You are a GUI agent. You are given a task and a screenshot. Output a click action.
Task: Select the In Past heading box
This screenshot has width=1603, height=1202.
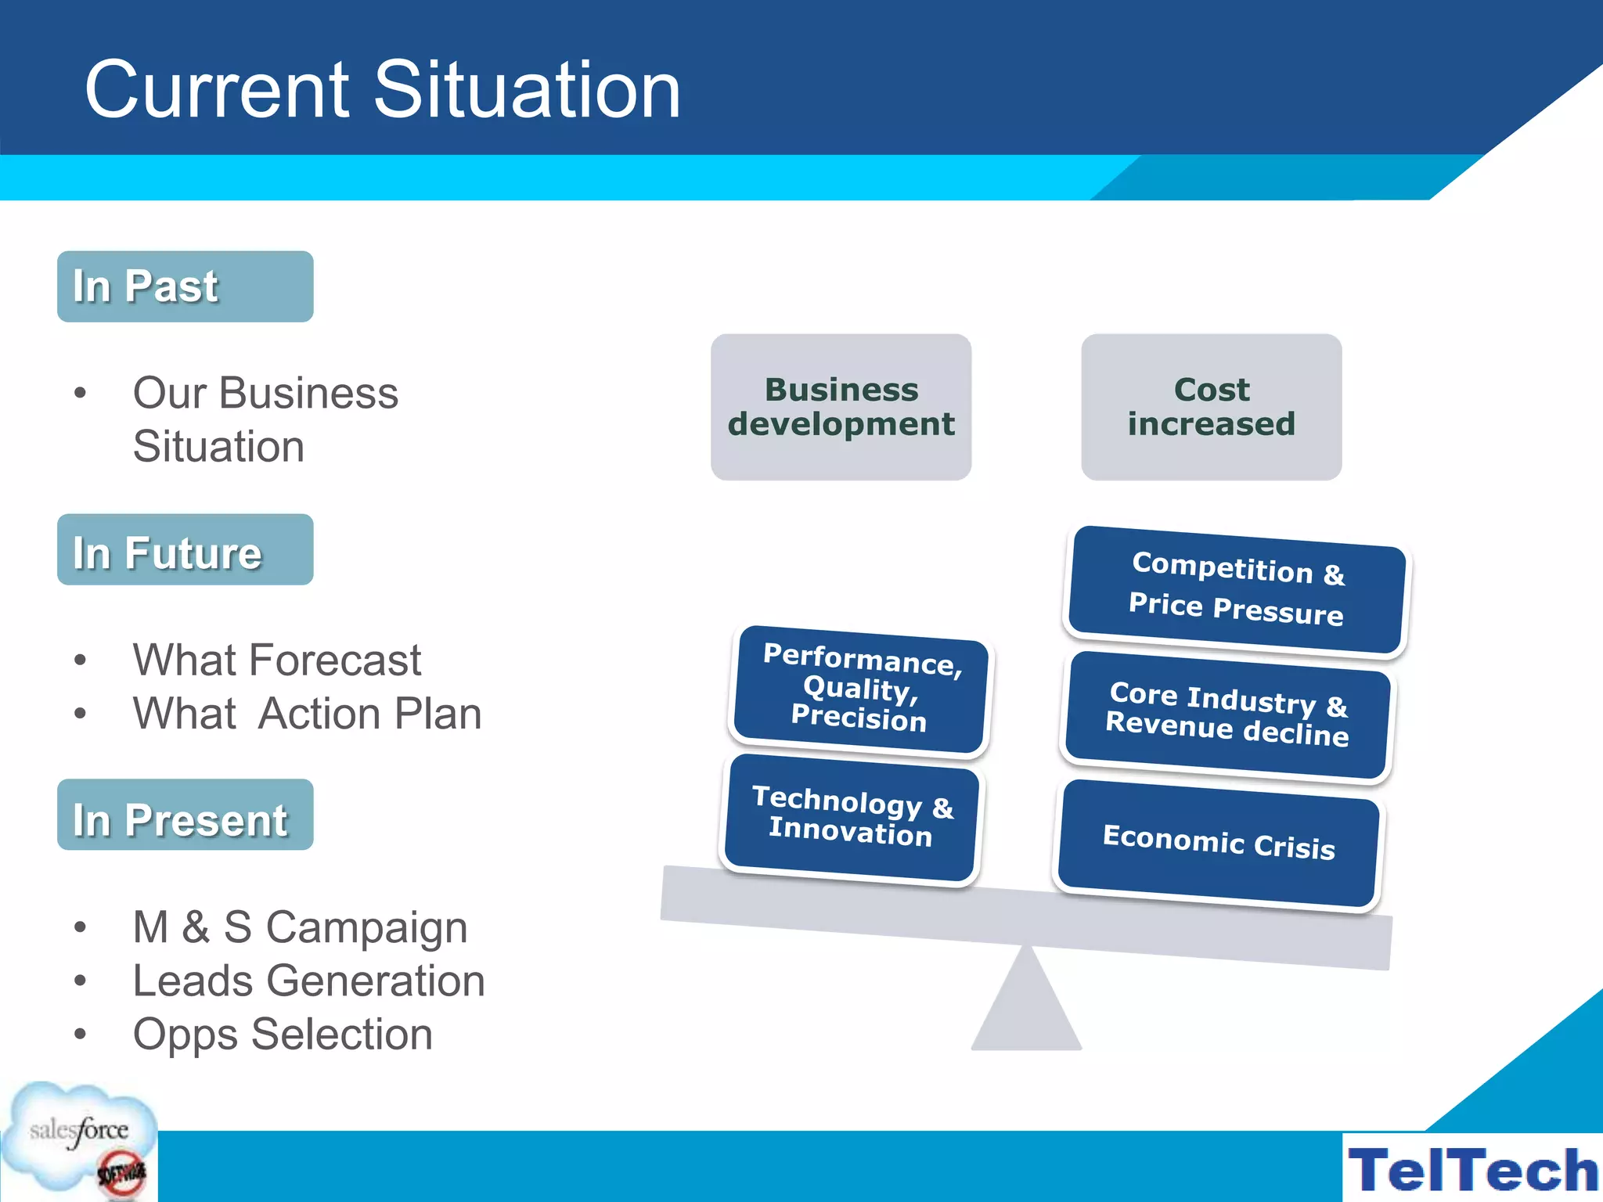click(x=185, y=286)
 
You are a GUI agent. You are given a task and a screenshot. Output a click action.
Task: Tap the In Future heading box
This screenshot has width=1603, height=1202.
click(x=185, y=550)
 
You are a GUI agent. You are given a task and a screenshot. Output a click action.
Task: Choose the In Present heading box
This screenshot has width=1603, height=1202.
click(x=185, y=815)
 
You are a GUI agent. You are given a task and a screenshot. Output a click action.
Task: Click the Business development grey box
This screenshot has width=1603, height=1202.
click(x=841, y=407)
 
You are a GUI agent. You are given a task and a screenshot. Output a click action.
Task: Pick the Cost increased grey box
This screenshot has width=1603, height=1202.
click(x=1211, y=407)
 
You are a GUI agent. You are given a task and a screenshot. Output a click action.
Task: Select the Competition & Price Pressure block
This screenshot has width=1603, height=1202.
click(x=1237, y=589)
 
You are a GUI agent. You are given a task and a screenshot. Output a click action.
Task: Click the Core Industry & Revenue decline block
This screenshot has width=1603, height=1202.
click(x=1227, y=714)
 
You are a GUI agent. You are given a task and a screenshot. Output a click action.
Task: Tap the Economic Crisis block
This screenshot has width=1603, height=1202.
click(x=1219, y=843)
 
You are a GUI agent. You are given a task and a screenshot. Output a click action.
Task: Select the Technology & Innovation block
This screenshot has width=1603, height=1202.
click(x=852, y=817)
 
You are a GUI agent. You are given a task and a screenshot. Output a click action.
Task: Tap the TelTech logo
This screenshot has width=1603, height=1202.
click(x=1472, y=1169)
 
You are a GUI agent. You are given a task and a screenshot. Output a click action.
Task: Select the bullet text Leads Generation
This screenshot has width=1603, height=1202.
click(x=308, y=981)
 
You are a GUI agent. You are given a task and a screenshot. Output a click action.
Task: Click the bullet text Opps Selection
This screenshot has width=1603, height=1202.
click(x=283, y=1034)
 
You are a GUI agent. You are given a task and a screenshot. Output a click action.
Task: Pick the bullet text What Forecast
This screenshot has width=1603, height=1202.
click(x=277, y=660)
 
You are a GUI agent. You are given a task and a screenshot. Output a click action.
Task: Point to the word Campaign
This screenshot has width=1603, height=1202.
click(x=366, y=928)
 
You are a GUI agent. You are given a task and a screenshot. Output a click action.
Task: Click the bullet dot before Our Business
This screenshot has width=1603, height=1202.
click(x=80, y=393)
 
